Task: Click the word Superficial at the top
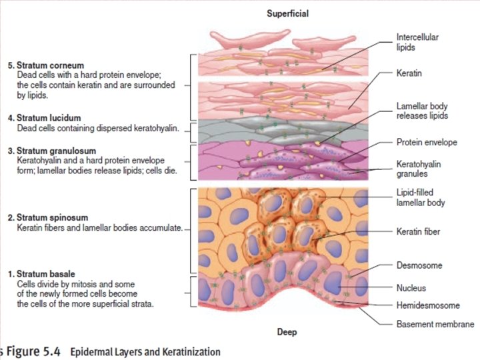[287, 13]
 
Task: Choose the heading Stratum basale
[43, 274]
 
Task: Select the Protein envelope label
[427, 143]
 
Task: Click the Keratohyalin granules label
[419, 169]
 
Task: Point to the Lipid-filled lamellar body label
[420, 197]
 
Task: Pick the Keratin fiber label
[419, 232]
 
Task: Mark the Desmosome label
[419, 265]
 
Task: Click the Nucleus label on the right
[411, 288]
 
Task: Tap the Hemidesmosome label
[428, 305]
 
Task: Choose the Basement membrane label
[435, 324]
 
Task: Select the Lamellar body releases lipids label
[422, 111]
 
